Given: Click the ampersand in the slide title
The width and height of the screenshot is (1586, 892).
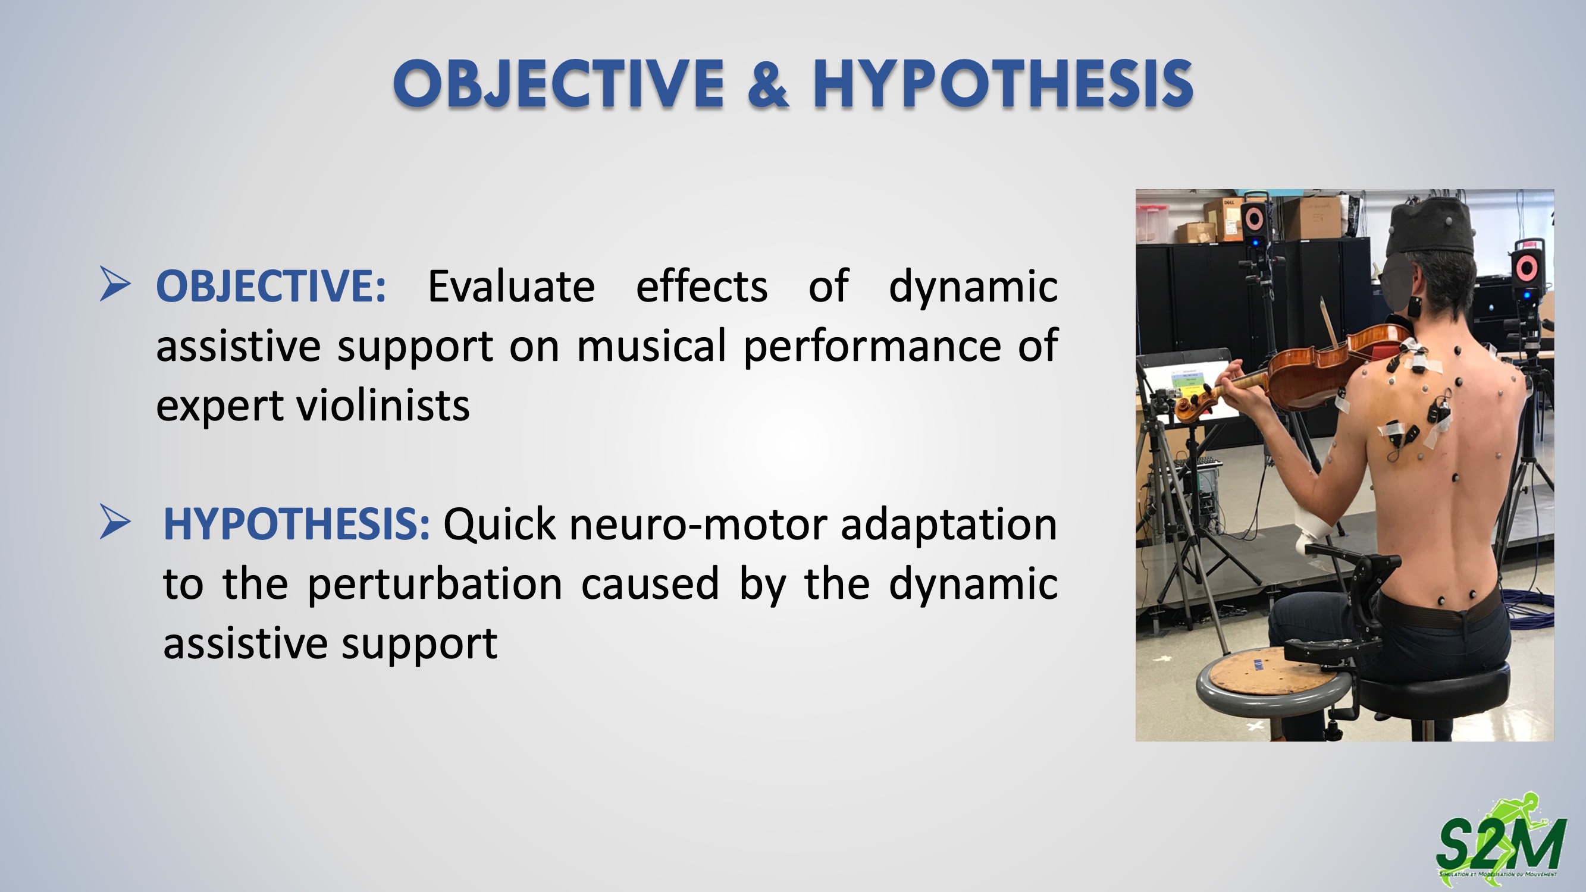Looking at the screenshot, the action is [x=768, y=84].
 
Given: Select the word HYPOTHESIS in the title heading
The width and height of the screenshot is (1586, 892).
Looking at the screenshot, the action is [x=1003, y=84].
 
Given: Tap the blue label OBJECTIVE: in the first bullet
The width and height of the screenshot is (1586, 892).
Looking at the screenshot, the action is [x=271, y=286].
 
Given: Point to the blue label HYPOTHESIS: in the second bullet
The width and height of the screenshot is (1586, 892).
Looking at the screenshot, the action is [x=296, y=524].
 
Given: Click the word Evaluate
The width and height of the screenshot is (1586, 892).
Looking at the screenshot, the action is [x=511, y=286].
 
